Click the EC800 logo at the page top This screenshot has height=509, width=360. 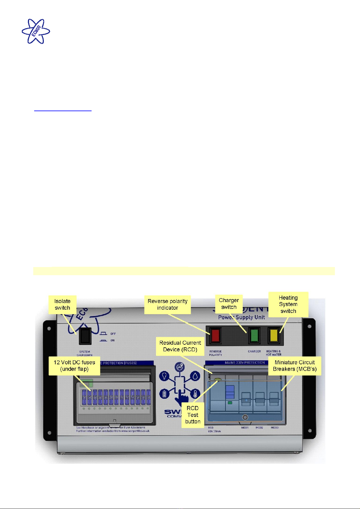click(x=36, y=31)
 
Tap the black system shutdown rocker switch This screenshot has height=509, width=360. click(x=85, y=336)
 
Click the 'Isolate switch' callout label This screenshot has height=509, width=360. click(x=62, y=304)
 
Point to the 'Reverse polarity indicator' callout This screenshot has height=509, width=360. click(x=167, y=304)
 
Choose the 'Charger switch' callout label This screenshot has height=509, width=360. click(x=229, y=304)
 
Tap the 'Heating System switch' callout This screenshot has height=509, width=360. click(x=288, y=304)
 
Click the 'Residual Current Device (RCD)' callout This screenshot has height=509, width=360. click(x=180, y=346)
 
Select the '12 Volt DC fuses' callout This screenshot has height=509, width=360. click(x=74, y=366)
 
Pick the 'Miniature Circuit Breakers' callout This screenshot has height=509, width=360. click(x=295, y=366)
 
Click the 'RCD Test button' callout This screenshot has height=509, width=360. click(x=193, y=415)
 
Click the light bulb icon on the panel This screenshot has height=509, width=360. click(x=164, y=376)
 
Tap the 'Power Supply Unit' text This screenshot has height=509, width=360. click(x=242, y=317)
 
